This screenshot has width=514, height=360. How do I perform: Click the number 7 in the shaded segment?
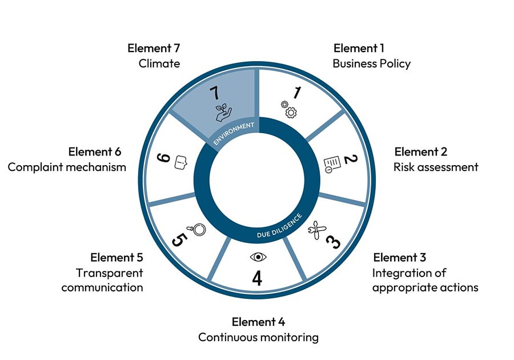[215, 93]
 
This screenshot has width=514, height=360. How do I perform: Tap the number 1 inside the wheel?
[297, 93]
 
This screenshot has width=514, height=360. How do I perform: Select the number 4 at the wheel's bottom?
[257, 278]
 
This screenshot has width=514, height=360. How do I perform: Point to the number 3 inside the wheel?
[333, 242]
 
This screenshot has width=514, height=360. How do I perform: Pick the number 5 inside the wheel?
[179, 239]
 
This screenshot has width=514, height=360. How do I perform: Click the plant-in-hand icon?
[223, 112]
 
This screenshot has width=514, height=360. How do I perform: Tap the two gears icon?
[289, 109]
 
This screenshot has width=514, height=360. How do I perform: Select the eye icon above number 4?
[258, 257]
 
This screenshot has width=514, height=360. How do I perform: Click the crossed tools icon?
[317, 230]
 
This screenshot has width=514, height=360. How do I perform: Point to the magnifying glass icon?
[197, 229]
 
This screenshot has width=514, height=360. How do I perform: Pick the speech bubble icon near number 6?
[181, 162]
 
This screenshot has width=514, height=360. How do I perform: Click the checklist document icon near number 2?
[332, 164]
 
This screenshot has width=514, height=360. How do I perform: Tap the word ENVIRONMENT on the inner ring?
[234, 134]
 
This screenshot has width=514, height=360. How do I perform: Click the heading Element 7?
[154, 48]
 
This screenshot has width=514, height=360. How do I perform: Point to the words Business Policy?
[372, 63]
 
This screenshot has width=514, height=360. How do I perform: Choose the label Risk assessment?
[436, 167]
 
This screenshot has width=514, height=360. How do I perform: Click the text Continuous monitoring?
[258, 337]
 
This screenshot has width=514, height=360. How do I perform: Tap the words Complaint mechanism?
[67, 167]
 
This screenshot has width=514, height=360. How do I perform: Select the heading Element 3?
[400, 257]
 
